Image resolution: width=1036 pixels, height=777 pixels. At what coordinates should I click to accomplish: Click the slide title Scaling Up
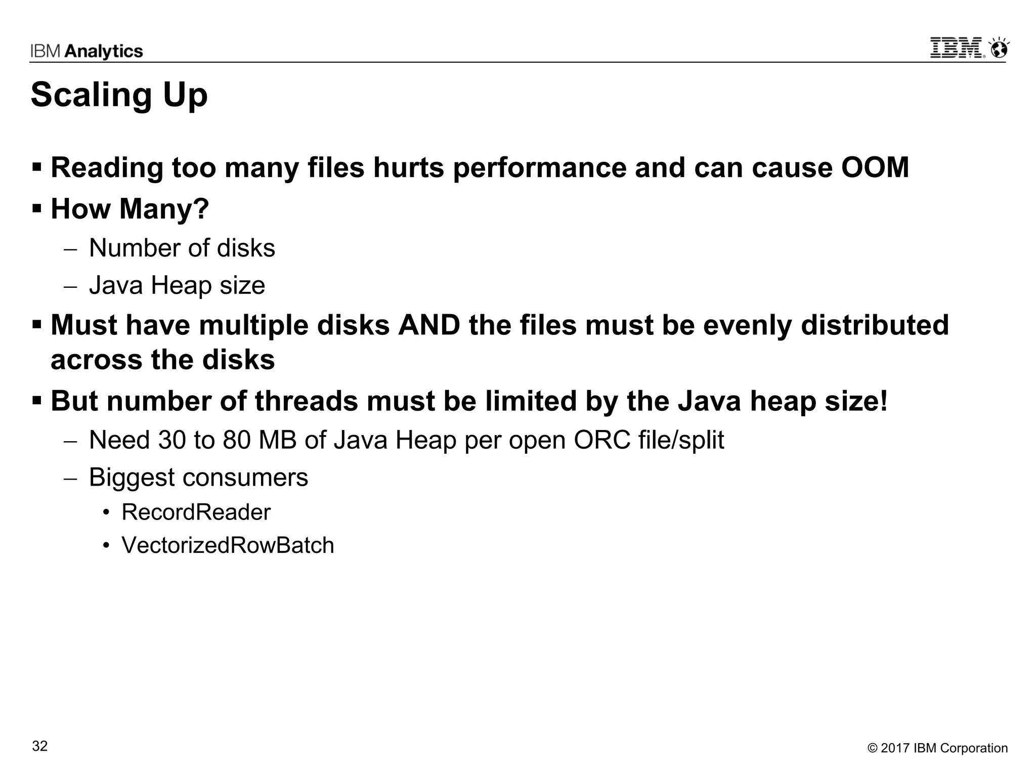point(119,95)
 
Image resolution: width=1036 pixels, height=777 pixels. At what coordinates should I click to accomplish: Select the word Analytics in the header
point(104,51)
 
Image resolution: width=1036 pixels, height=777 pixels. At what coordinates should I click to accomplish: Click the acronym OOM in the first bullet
point(875,167)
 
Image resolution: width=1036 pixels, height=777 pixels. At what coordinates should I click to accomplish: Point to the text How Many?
point(130,208)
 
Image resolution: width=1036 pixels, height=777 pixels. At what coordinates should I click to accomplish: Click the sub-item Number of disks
point(182,248)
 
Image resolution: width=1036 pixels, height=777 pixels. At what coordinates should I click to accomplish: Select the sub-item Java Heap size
point(177,285)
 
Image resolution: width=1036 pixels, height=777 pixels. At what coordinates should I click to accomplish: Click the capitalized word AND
point(429,325)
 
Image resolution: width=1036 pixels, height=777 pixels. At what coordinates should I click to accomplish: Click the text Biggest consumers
point(198,477)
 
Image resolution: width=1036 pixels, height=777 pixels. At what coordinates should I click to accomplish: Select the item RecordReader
point(196,512)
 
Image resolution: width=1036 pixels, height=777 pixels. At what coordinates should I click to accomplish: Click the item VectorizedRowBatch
point(228,545)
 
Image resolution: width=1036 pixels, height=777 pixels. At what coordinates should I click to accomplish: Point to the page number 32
point(40,746)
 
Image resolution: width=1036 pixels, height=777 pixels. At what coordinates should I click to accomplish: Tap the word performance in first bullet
point(539,167)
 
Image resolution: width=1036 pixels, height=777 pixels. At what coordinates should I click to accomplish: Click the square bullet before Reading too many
point(37,166)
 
